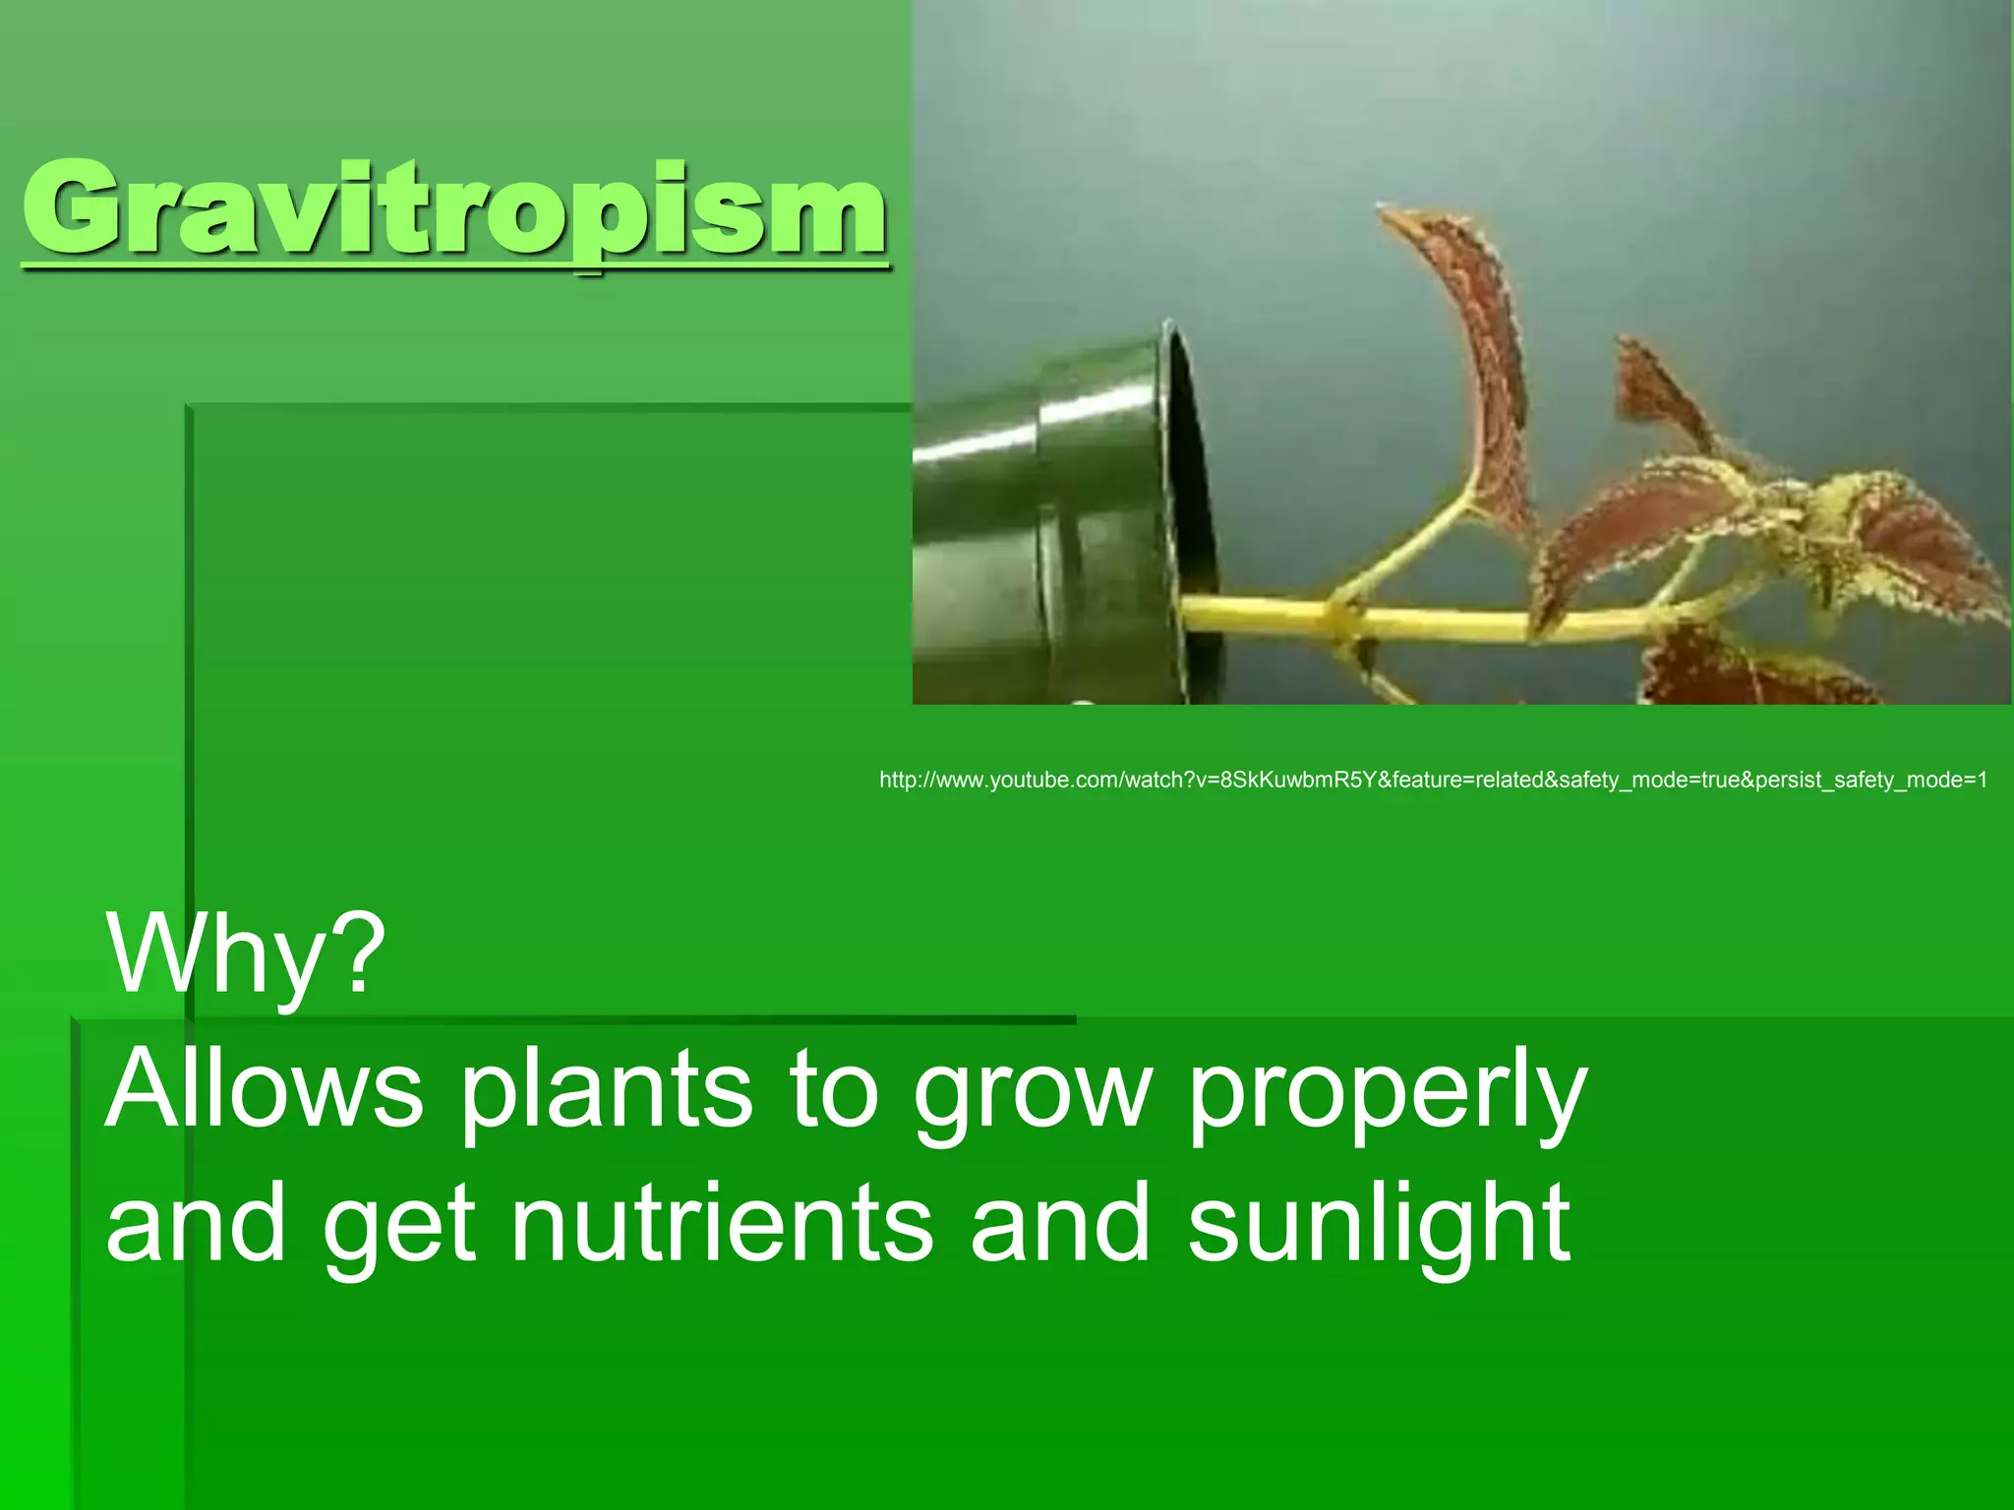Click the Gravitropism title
454,209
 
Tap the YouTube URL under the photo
1433,781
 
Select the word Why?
246,954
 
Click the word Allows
264,1089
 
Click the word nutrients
723,1224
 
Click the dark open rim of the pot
1193,492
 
